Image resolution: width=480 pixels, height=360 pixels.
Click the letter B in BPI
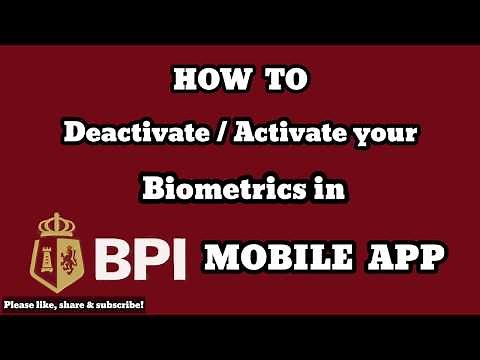coord(116,259)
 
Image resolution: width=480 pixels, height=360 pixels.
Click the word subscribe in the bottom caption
coord(118,304)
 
